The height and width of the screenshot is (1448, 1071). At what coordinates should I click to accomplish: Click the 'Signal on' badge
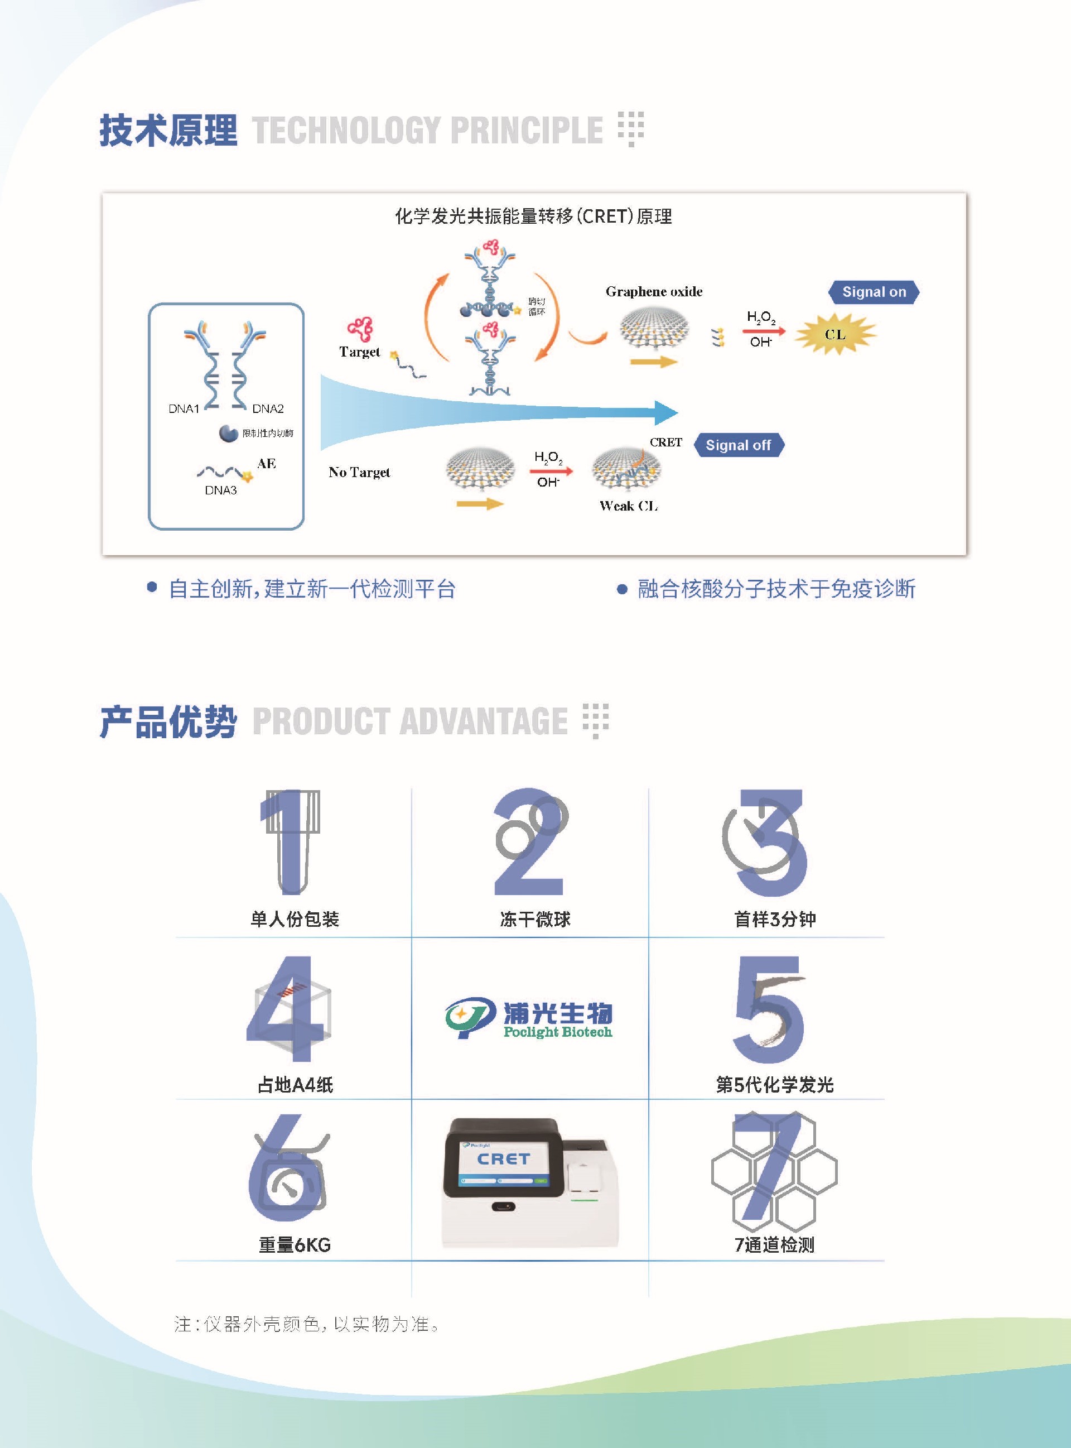[874, 292]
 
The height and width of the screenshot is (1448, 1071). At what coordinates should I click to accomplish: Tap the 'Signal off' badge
[739, 445]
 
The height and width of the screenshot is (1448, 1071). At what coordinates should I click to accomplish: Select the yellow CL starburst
[836, 334]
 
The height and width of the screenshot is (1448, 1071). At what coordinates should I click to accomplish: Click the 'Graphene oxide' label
[654, 292]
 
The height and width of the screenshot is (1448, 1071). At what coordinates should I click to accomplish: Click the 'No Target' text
[359, 472]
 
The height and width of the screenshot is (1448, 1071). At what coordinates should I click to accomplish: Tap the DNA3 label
[220, 490]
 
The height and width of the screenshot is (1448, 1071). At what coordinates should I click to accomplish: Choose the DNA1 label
[184, 408]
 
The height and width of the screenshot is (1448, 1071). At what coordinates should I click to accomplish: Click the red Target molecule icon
[360, 329]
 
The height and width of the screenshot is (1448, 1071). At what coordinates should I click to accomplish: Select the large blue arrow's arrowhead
[667, 412]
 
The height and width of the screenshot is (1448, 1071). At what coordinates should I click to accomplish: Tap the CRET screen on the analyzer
[503, 1163]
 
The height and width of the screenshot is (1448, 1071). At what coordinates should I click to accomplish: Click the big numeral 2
[529, 841]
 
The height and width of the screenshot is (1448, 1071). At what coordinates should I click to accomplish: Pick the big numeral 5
[769, 1009]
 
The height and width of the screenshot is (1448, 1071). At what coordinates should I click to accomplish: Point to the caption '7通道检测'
[774, 1244]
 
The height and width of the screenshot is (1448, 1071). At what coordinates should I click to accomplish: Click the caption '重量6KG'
[295, 1244]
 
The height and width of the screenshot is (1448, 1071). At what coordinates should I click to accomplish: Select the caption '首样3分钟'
[775, 919]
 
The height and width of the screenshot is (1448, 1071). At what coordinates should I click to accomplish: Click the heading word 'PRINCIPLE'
[527, 129]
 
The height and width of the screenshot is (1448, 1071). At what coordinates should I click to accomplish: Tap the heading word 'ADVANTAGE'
[483, 721]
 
